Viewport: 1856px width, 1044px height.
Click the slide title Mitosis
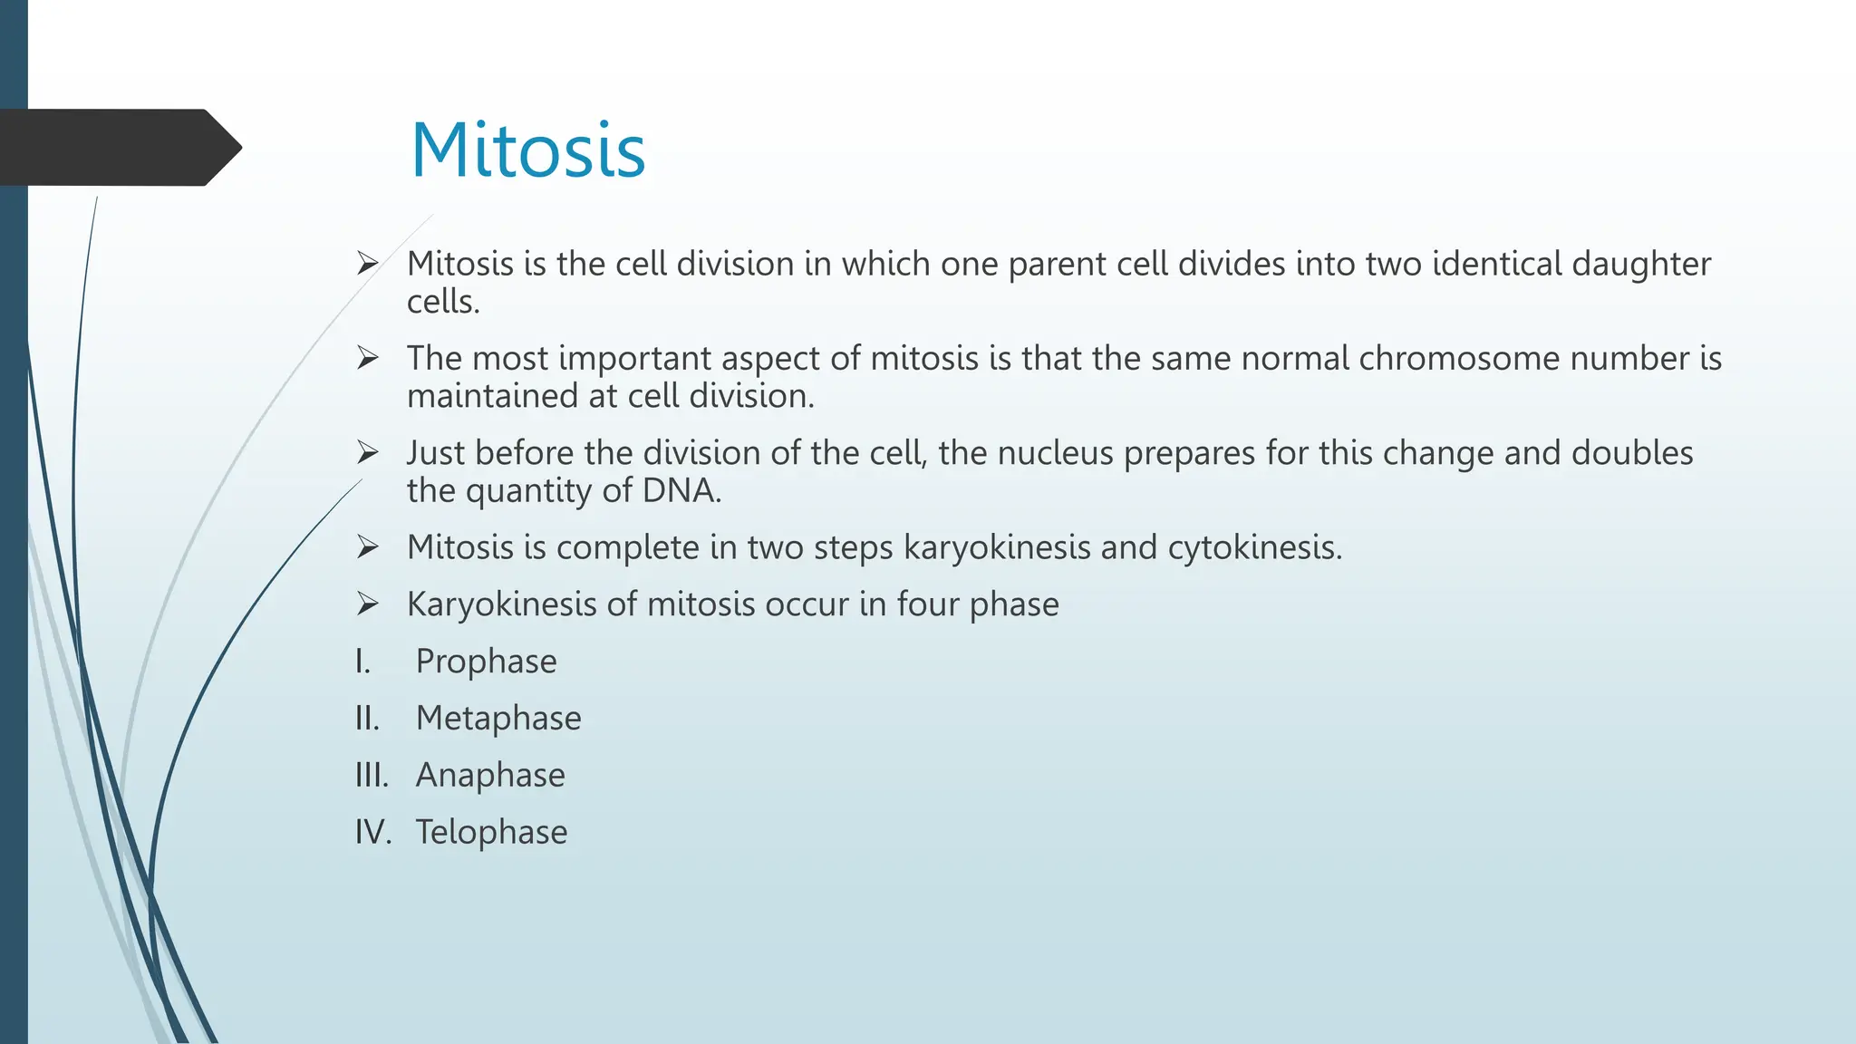tap(527, 150)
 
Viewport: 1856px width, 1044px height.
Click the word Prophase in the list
tap(486, 662)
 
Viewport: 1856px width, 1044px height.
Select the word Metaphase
tap(498, 719)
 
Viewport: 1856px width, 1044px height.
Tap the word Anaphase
tap(490, 776)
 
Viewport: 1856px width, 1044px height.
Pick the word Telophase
tap(491, 832)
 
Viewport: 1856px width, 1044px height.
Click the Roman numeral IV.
tap(372, 832)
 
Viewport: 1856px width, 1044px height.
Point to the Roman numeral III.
tap(371, 776)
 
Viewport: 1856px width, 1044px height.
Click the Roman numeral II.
tap(366, 719)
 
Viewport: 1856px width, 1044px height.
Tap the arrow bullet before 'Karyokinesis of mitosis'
tap(367, 603)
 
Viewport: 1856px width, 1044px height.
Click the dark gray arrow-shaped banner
tap(118, 148)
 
